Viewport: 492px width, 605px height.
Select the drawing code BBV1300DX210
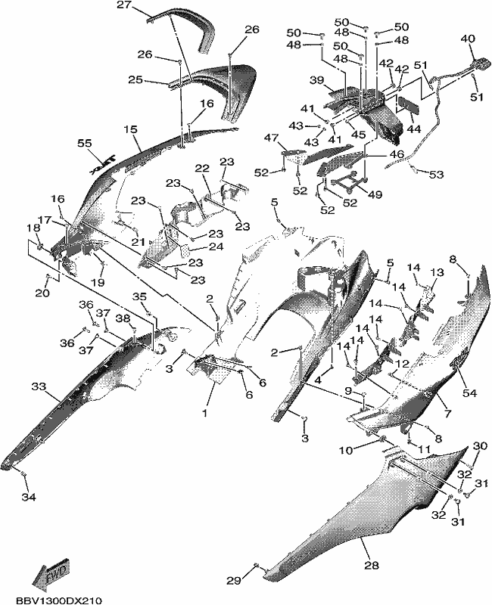59,600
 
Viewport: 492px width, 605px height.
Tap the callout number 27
124,6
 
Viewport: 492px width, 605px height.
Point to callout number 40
468,39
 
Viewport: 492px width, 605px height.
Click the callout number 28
372,566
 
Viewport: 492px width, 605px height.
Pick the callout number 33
39,386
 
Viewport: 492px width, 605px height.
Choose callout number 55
85,143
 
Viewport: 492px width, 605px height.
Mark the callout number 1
205,413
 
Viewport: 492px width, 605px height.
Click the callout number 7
447,414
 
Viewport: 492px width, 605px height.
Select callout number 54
469,393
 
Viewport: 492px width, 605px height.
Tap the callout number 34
29,498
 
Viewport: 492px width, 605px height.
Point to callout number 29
234,580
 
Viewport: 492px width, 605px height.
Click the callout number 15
131,129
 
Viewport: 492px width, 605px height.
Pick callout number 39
316,80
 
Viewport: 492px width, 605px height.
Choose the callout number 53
437,175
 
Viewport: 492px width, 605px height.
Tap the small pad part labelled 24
187,253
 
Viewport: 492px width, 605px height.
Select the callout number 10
347,450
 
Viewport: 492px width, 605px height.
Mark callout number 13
438,272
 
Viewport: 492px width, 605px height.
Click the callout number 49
375,194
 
